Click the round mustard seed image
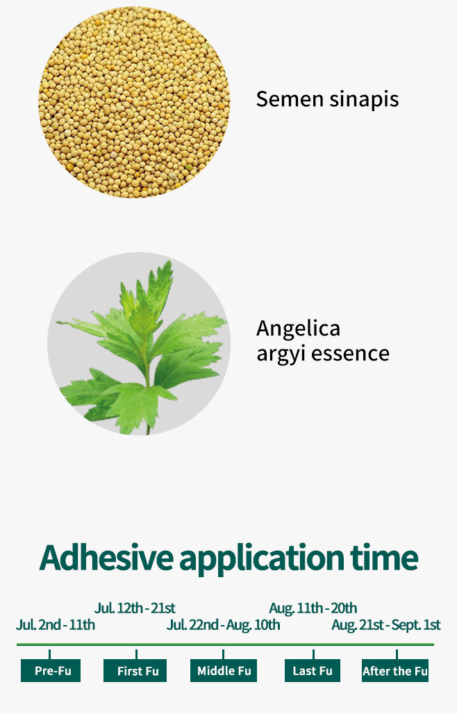134,102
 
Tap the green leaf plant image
139,343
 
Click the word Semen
289,99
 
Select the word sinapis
364,99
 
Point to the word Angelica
298,329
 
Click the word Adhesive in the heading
106,557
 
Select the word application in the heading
262,559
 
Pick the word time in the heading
384,557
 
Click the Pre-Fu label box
51,670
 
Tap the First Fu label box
135,670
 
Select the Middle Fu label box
224,670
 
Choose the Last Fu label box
313,670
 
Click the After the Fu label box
395,670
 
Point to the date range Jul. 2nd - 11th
56,624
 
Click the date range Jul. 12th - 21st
135,608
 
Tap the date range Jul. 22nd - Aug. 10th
224,625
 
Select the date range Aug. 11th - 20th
313,608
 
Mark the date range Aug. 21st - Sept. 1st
386,625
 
